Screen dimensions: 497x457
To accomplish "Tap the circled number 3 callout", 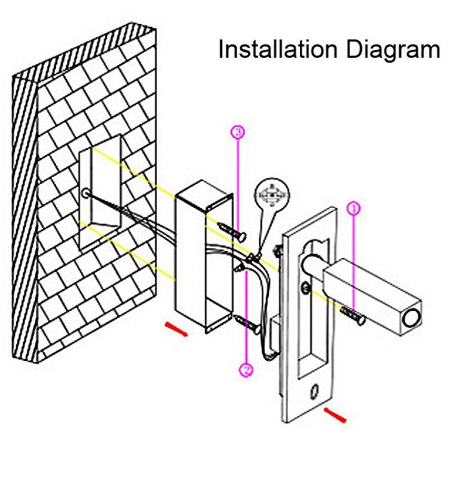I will click(238, 133).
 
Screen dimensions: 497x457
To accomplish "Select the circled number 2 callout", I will click(246, 370).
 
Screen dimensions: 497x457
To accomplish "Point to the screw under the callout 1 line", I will click(353, 315).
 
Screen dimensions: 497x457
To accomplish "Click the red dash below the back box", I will click(176, 329).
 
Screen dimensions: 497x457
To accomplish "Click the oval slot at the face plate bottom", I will click(316, 391).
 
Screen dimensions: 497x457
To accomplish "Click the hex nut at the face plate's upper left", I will click(278, 249).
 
